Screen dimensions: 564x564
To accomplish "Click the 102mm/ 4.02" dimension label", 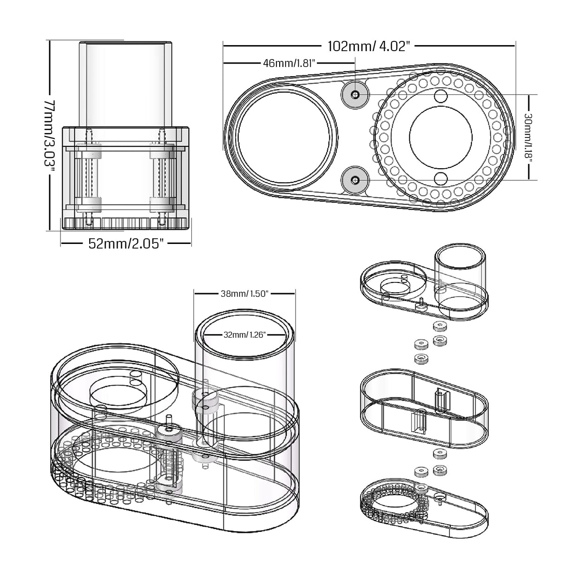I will [369, 46].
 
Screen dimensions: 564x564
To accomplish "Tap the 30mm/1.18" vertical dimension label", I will [528, 137].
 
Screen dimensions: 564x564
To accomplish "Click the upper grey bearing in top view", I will [355, 95].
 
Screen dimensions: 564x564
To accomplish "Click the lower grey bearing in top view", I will [355, 180].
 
